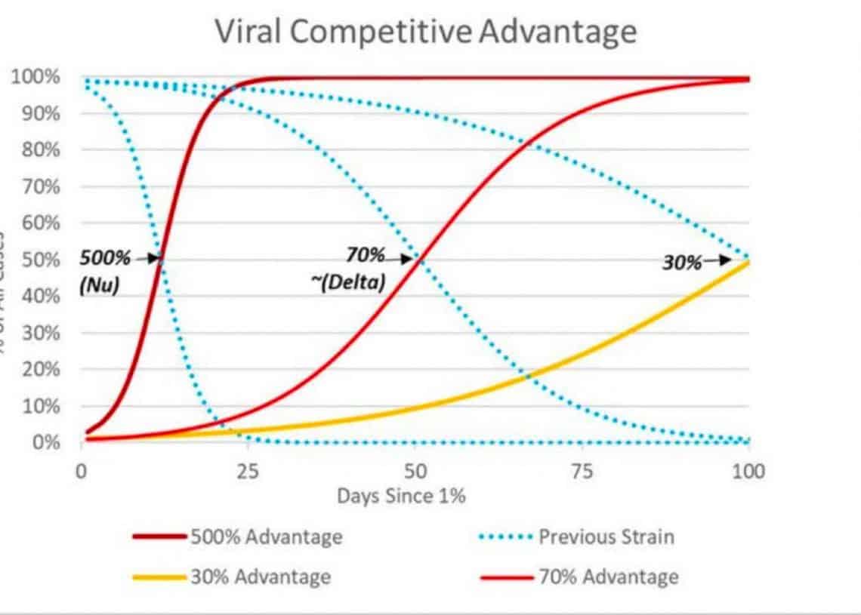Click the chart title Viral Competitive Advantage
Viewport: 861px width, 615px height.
pyautogui.click(x=426, y=32)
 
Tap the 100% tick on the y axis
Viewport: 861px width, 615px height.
pyautogui.click(x=35, y=77)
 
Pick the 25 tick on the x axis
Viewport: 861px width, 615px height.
pyautogui.click(x=248, y=472)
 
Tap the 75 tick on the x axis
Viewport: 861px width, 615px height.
pyautogui.click(x=582, y=472)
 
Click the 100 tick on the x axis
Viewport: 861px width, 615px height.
pyautogui.click(x=748, y=472)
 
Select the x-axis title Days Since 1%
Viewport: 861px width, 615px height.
pyautogui.click(x=401, y=496)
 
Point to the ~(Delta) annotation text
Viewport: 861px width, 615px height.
pyautogui.click(x=347, y=283)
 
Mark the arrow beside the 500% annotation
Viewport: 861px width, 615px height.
pyautogui.click(x=148, y=259)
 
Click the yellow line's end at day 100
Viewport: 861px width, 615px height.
pyautogui.click(x=748, y=262)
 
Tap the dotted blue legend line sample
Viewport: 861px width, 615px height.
pyautogui.click(x=505, y=537)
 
